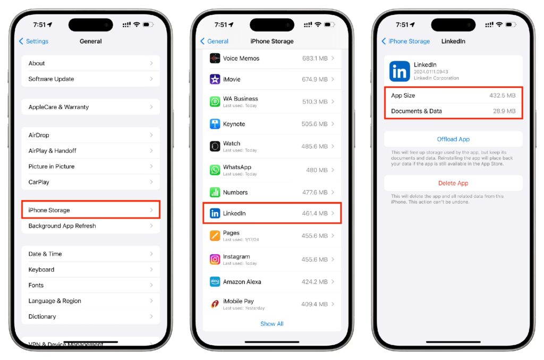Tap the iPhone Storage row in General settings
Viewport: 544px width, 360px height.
coord(90,210)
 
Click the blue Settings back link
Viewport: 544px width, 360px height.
coord(33,41)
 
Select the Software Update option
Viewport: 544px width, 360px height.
coord(51,79)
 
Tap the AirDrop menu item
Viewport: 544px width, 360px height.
coord(38,135)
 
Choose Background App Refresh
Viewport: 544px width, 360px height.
coord(62,225)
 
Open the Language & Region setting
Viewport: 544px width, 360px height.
coord(55,300)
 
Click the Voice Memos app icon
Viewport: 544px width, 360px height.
coord(215,58)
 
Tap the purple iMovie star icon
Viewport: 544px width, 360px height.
coord(215,79)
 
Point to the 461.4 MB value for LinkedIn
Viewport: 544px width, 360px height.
coord(314,213)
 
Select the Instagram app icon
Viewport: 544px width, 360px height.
coord(215,259)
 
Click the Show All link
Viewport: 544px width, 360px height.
coord(272,323)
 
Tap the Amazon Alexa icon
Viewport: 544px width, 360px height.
coord(215,281)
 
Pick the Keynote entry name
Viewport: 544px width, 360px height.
coord(234,124)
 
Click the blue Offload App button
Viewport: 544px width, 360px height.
coord(453,139)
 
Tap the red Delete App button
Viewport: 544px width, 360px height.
coord(453,183)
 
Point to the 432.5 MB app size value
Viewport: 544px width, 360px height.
coord(503,96)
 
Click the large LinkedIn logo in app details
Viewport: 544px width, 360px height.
coord(399,71)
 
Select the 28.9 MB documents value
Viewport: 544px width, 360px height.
coord(504,111)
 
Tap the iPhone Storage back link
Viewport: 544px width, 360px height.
coord(405,41)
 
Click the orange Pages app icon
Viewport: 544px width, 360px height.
coord(215,236)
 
